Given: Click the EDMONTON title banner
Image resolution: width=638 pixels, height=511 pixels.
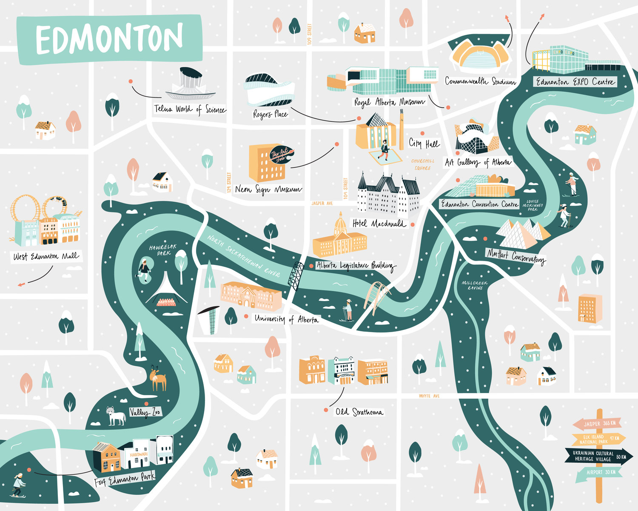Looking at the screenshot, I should (x=109, y=39).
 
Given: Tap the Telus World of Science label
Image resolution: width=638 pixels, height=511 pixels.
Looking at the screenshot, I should (x=189, y=109).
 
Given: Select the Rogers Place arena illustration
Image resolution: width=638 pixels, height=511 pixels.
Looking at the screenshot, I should (x=269, y=90).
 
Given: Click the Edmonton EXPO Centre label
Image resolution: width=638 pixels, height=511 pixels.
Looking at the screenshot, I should (x=575, y=82).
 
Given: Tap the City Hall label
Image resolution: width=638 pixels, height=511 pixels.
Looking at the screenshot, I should (x=424, y=144).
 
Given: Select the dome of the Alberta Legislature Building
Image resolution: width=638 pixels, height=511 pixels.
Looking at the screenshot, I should (x=341, y=225).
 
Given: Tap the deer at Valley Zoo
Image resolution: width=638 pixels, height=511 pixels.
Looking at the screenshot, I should (x=158, y=379).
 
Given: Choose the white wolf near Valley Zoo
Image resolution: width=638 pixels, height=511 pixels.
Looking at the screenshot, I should (x=116, y=416).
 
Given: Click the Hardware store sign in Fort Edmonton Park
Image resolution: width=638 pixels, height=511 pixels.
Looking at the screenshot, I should (x=139, y=454).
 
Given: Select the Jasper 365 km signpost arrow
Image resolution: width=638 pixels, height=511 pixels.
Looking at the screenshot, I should (x=597, y=424).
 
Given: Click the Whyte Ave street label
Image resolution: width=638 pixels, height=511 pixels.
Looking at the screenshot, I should (x=429, y=396).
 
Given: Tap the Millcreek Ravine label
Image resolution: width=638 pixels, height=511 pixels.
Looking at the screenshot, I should (x=475, y=285).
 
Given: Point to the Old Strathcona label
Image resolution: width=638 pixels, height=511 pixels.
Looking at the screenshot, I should (x=359, y=412).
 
